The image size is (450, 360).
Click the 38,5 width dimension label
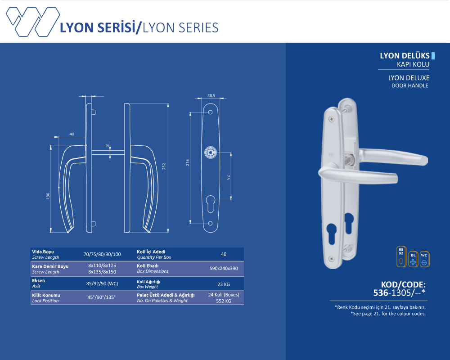[211, 95]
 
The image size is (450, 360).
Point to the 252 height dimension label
[165, 166]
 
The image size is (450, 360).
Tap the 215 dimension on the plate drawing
[187, 162]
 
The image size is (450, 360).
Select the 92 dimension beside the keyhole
[229, 177]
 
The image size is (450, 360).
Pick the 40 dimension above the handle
[72, 134]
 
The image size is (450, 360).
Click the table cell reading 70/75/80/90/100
[102, 254]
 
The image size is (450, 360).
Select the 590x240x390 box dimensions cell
[224, 269]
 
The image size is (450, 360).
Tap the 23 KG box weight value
[224, 284]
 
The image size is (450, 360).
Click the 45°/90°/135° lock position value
[102, 297]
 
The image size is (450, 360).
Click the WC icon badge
[424, 259]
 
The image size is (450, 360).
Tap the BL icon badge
[413, 259]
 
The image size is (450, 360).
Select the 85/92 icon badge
[401, 256]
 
